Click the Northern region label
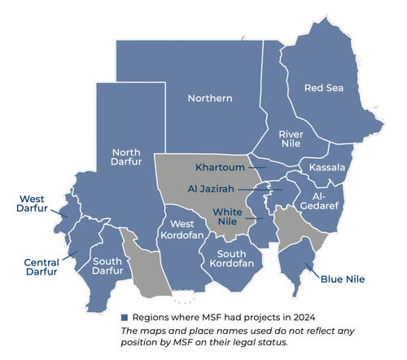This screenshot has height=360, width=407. pos(210,99)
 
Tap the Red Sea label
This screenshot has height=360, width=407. pos(323,87)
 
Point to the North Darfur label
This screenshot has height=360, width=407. pos(126,156)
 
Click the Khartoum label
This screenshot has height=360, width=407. pos(221,168)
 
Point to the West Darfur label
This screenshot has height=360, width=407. pos(32,203)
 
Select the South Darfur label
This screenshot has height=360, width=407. pos(107,267)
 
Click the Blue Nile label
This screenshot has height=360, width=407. pos(343,279)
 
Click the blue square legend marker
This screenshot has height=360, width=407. pos(125,317)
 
